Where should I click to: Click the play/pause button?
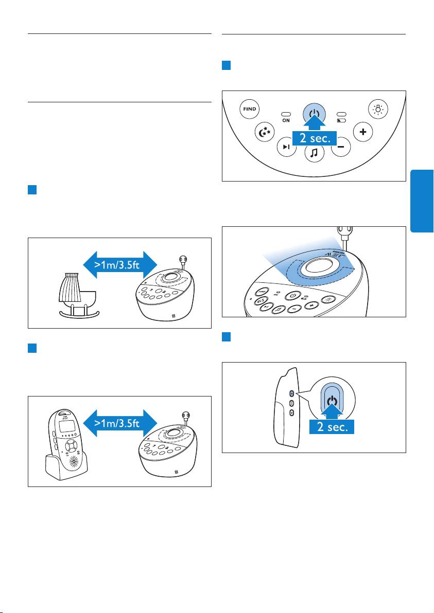click(x=286, y=147)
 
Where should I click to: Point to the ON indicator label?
click(x=286, y=120)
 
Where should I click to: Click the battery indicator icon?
click(x=341, y=120)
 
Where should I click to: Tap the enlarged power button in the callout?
click(x=333, y=401)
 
